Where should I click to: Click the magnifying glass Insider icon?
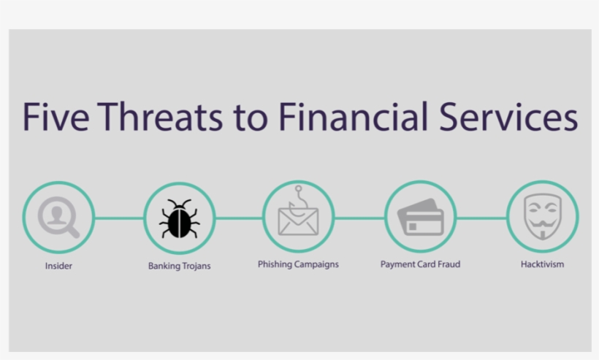pyautogui.click(x=58, y=217)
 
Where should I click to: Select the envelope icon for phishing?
pyautogui.click(x=298, y=221)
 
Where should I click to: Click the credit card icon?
pyautogui.click(x=420, y=218)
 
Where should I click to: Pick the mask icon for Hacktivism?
pyautogui.click(x=542, y=217)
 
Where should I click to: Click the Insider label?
pyautogui.click(x=58, y=266)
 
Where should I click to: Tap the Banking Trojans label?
pyautogui.click(x=179, y=266)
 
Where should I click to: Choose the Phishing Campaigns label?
pyautogui.click(x=298, y=264)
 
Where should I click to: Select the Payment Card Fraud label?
pyautogui.click(x=420, y=264)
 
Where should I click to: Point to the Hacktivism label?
pyautogui.click(x=542, y=264)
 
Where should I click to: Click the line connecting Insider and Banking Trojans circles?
pyautogui.click(x=118, y=218)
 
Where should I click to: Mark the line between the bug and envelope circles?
pyautogui.click(x=239, y=218)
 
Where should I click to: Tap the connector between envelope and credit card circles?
pyautogui.click(x=359, y=218)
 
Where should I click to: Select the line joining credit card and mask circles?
pyautogui.click(x=481, y=218)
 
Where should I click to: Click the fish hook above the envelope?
pyautogui.click(x=297, y=196)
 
